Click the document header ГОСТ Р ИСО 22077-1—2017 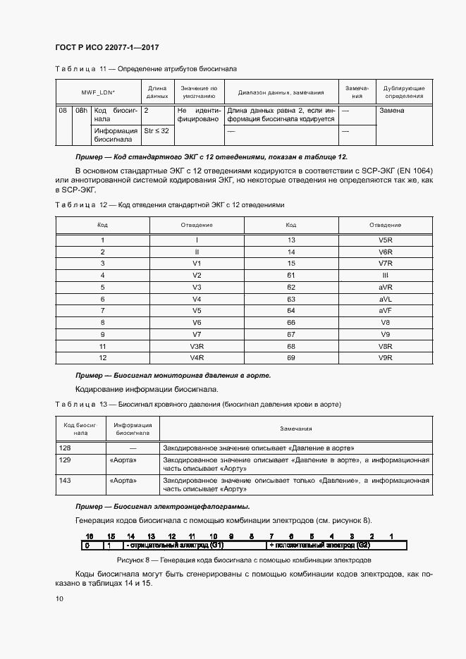(x=106, y=47)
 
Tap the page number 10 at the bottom (x=59, y=598)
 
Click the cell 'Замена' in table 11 (x=391, y=111)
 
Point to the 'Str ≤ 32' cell (x=156, y=131)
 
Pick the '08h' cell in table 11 (x=81, y=111)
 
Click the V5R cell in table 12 (x=385, y=240)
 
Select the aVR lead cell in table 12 (x=385, y=288)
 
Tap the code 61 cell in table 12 (x=290, y=276)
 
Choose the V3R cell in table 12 (x=197, y=347)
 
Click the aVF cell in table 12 (x=385, y=311)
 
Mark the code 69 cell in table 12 (x=290, y=358)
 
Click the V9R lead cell (x=385, y=358)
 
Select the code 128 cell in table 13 (x=66, y=448)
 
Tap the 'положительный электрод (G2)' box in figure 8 (x=319, y=546)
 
